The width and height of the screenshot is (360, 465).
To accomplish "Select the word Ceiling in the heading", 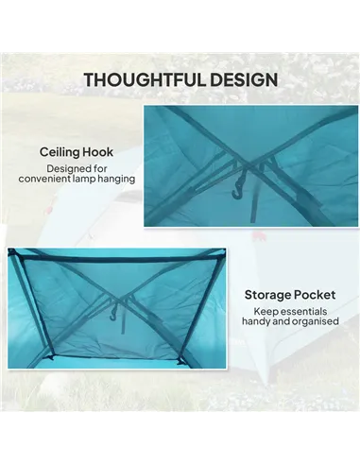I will click(x=61, y=150).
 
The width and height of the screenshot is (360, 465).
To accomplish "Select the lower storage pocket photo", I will click(x=116, y=308).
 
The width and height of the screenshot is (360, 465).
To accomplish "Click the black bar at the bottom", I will click(x=180, y=439).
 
